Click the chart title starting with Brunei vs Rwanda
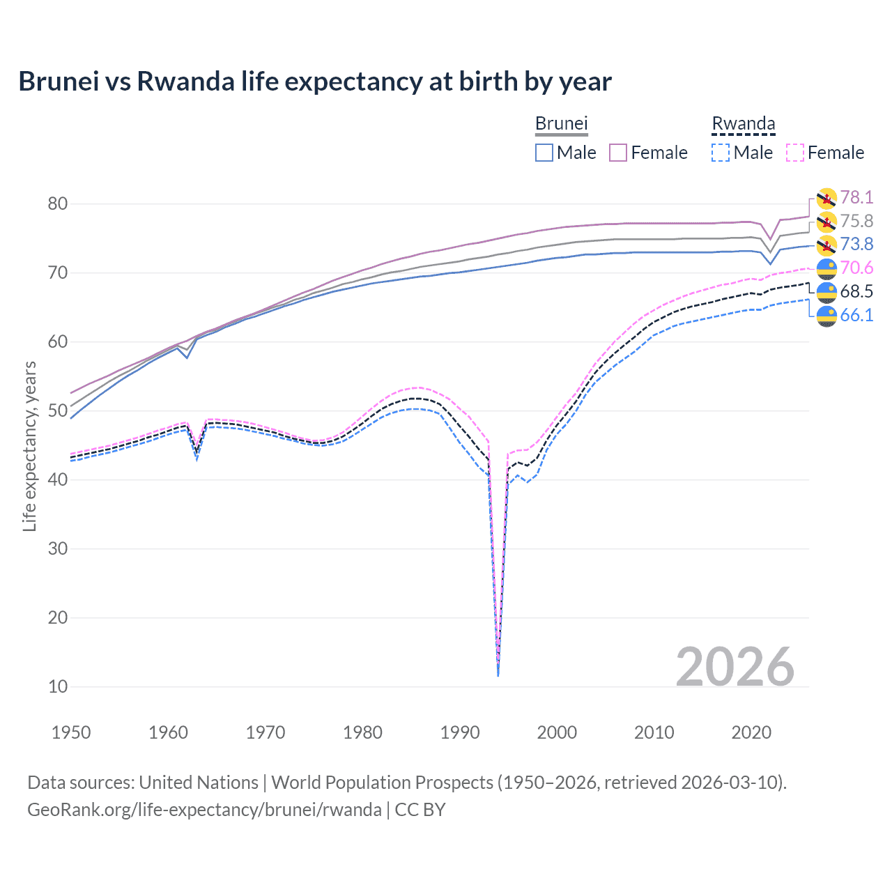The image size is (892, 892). (x=315, y=82)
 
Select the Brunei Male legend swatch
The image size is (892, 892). (x=544, y=153)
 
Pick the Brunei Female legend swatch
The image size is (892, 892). (x=618, y=153)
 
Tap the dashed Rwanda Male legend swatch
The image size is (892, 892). (x=721, y=153)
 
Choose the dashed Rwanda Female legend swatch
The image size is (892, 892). (x=794, y=153)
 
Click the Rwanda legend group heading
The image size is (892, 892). (x=743, y=124)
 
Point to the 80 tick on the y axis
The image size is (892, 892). (x=58, y=204)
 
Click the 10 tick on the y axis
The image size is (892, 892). (x=58, y=686)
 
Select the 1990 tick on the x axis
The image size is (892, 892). (x=460, y=732)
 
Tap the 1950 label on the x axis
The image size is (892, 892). (x=71, y=732)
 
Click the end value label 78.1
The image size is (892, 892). (x=856, y=198)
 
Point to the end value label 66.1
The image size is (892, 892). (x=856, y=316)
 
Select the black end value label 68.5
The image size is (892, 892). (x=856, y=292)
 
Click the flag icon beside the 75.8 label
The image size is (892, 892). (x=826, y=222)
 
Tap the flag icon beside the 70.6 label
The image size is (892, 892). (x=826, y=268)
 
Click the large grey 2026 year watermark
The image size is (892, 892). (x=735, y=667)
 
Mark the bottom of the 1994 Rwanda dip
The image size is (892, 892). (x=498, y=675)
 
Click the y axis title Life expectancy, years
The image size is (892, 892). (x=30, y=446)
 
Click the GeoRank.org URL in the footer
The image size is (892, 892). (x=204, y=810)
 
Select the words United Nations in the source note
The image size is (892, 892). (x=199, y=783)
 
